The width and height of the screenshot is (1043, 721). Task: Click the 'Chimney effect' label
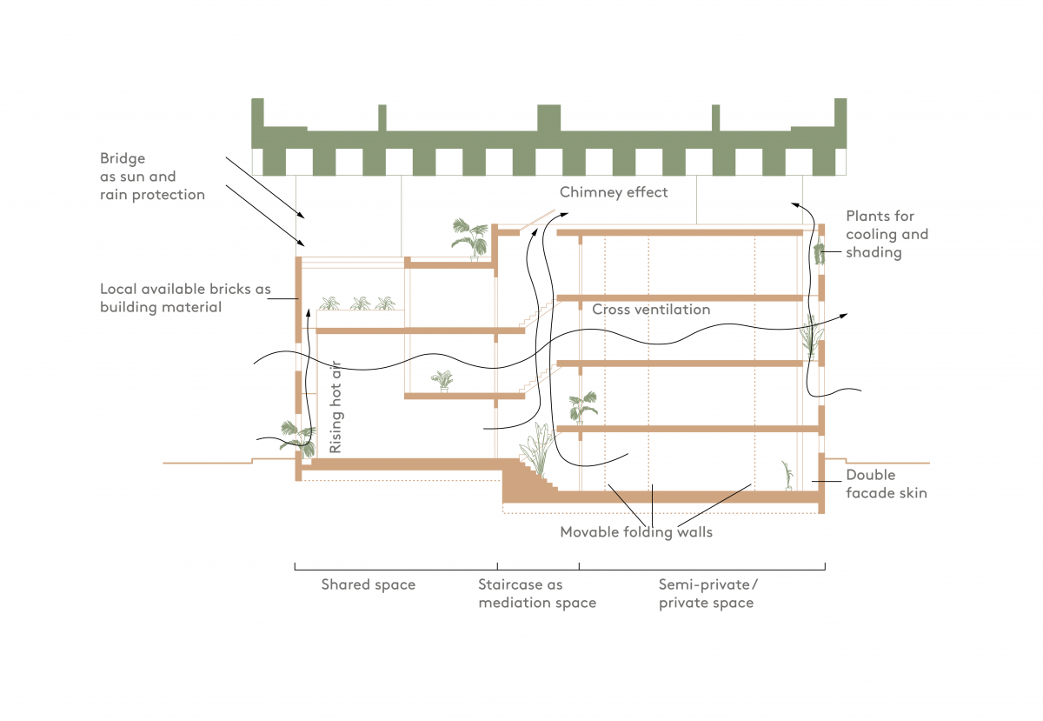click(614, 192)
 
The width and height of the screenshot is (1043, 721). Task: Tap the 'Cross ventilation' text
click(651, 310)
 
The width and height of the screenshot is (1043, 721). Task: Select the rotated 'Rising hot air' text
click(335, 407)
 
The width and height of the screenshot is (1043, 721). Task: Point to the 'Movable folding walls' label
click(636, 532)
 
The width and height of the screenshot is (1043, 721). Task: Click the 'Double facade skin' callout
click(886, 484)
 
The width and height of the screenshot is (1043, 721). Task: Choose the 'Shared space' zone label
click(369, 585)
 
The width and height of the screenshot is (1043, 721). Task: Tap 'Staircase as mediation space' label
click(537, 594)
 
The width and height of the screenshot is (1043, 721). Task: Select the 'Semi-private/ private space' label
click(708, 594)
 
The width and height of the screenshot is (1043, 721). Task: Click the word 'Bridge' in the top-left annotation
click(123, 158)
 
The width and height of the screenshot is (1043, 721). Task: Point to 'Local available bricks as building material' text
click(185, 298)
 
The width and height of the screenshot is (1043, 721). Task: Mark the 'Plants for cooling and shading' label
click(887, 235)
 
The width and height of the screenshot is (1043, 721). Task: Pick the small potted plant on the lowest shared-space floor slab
click(442, 381)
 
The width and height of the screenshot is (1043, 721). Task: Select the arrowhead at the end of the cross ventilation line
click(844, 316)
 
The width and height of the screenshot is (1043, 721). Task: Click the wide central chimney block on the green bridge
click(549, 118)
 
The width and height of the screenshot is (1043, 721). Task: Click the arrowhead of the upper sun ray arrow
click(302, 216)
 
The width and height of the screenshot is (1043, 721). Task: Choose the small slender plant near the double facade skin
click(787, 476)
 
